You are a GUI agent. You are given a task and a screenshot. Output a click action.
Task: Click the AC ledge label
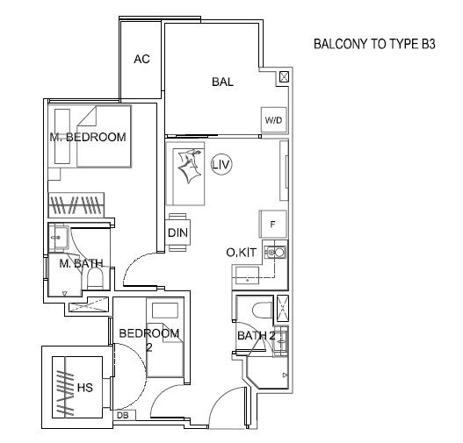tap(141, 60)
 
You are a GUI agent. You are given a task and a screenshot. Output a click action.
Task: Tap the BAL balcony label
tap(222, 82)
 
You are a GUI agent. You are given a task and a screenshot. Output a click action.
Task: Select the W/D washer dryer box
tap(274, 120)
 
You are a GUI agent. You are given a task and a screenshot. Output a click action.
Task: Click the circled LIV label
tap(221, 164)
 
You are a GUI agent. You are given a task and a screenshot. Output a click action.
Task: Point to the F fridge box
tap(273, 225)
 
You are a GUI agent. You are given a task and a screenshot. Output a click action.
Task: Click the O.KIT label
tap(241, 253)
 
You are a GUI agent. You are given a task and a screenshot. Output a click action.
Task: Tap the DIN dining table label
tap(177, 232)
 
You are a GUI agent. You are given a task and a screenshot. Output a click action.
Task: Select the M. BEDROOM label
tap(88, 137)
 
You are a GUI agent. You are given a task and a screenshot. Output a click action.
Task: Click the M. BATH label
tap(81, 263)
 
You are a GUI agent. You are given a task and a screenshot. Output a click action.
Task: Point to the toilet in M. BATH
tap(95, 279)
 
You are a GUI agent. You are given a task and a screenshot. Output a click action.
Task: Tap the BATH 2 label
tap(257, 336)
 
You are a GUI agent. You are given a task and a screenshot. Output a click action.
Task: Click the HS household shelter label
tap(85, 388)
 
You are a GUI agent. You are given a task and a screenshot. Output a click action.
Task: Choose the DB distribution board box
tap(124, 415)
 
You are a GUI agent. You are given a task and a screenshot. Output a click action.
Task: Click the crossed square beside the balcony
tap(284, 77)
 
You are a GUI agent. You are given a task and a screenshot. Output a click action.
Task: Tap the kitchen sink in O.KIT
tap(275, 253)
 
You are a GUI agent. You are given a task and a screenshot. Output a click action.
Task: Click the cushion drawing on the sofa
tap(189, 165)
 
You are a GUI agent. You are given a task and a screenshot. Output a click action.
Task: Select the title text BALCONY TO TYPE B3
tap(374, 44)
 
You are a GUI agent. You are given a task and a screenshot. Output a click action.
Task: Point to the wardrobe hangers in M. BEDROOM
tap(76, 205)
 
